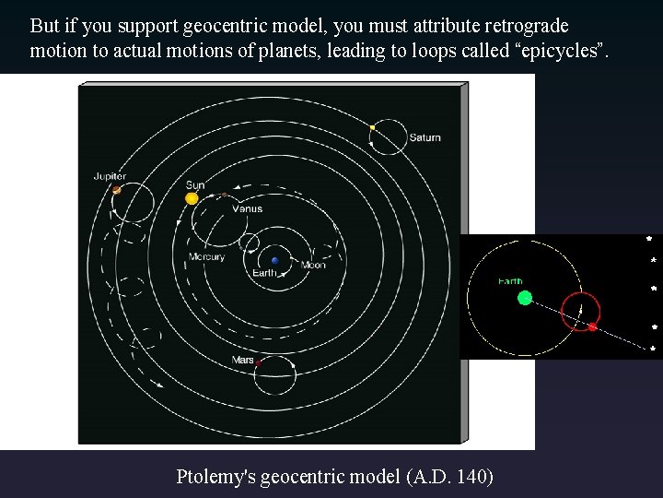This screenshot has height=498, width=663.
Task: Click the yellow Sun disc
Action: (192, 197)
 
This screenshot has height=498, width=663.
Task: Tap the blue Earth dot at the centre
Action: (274, 261)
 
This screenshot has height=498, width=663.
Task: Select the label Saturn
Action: (425, 138)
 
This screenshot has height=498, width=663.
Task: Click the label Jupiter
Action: (110, 176)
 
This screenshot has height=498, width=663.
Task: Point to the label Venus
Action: (247, 208)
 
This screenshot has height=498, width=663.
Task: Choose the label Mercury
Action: (206, 256)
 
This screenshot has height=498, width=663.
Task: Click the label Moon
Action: (313, 266)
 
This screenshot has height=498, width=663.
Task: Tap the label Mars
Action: (242, 360)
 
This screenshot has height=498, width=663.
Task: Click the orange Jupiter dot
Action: (116, 190)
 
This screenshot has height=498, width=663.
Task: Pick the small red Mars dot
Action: (258, 364)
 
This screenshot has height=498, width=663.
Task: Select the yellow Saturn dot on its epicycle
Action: (372, 127)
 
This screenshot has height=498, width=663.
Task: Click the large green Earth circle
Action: (525, 297)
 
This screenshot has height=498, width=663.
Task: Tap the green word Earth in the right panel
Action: (510, 281)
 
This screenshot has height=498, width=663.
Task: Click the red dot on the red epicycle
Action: (592, 326)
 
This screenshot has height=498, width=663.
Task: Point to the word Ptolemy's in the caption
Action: (216, 476)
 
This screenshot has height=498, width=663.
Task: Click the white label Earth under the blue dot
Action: (264, 273)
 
